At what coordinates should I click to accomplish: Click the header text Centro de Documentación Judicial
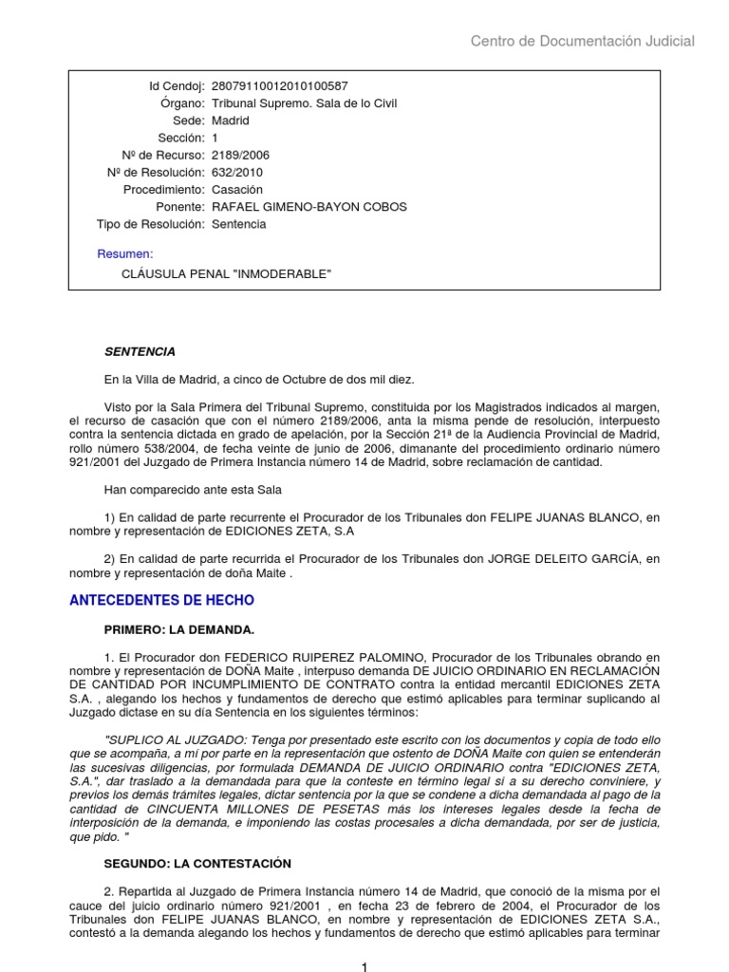tap(583, 41)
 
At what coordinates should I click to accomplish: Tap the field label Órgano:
tap(183, 103)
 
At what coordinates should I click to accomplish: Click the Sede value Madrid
tap(231, 121)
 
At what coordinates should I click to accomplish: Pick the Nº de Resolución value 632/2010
tap(237, 173)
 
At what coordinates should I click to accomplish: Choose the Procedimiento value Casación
tap(237, 190)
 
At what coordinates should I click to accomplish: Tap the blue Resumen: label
tap(125, 253)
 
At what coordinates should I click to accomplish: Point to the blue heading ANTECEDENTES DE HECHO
tap(162, 601)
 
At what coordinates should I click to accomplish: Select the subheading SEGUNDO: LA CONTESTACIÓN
tap(196, 864)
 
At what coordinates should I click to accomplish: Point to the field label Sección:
tap(183, 138)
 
